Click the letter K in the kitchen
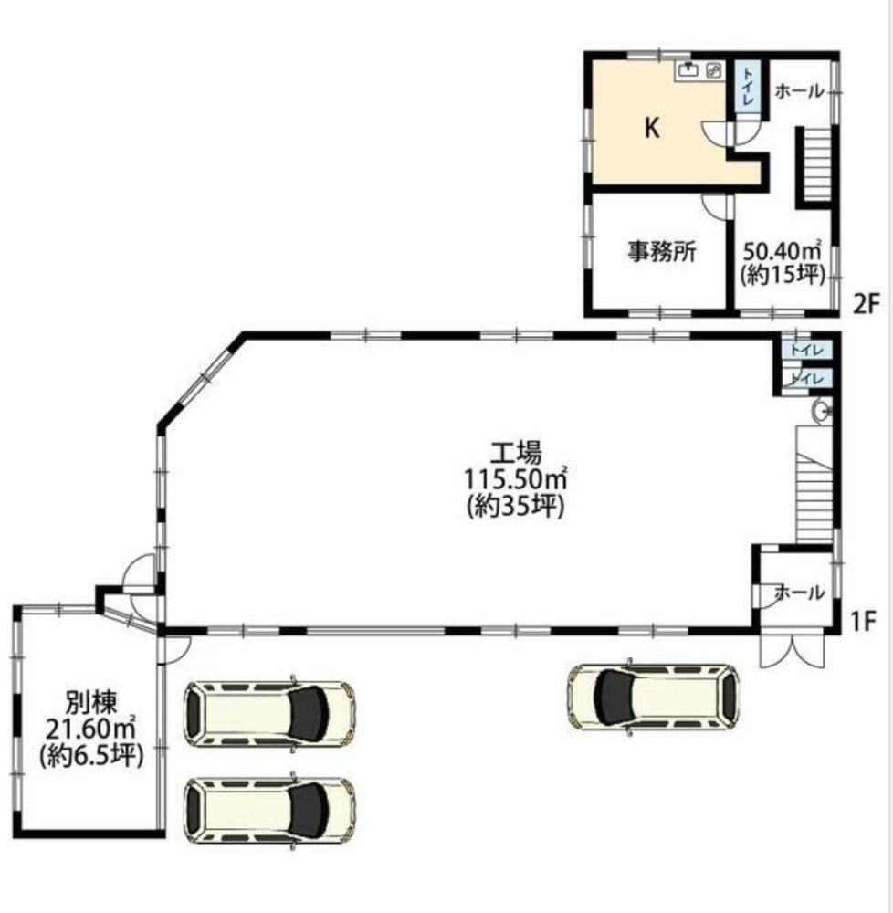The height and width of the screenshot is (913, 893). click(x=652, y=127)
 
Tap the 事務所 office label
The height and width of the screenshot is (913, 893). click(x=661, y=252)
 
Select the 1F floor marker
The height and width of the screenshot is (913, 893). click(x=863, y=622)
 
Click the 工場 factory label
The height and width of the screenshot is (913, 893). click(x=516, y=453)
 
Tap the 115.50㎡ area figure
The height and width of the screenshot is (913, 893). click(x=516, y=479)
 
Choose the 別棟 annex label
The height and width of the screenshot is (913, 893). click(x=91, y=702)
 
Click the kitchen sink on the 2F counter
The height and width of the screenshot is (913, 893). click(x=688, y=70)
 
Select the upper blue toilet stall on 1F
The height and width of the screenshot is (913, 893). click(x=807, y=350)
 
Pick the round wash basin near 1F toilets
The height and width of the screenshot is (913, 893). click(x=822, y=412)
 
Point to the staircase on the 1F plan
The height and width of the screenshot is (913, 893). click(x=814, y=485)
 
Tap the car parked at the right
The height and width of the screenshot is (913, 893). click(x=653, y=696)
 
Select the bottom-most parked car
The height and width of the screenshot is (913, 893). click(x=269, y=810)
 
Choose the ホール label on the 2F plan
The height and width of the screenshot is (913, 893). click(x=799, y=90)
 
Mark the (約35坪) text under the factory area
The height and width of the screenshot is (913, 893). click(x=516, y=506)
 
